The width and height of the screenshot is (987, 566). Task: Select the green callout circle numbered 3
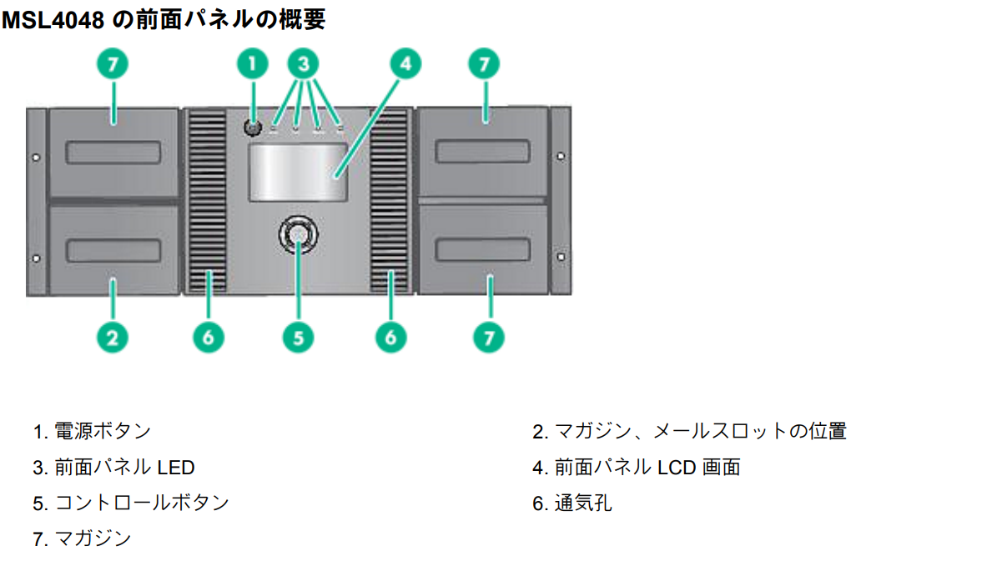pyautogui.click(x=304, y=64)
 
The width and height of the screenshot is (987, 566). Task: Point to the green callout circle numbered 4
pyautogui.click(x=404, y=64)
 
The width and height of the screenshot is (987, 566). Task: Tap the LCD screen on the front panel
pyautogui.click(x=297, y=173)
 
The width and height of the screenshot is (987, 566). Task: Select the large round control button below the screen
pyautogui.click(x=298, y=235)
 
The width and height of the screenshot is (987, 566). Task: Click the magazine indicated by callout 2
pyautogui.click(x=113, y=249)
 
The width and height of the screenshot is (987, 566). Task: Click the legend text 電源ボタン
pyautogui.click(x=103, y=431)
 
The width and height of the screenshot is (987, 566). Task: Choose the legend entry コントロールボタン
pyautogui.click(x=141, y=503)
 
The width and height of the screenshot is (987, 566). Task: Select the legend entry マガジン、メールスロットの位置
pyautogui.click(x=700, y=431)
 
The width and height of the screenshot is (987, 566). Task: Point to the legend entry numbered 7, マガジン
pyautogui.click(x=93, y=538)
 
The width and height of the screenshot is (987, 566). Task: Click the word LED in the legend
pyautogui.click(x=176, y=467)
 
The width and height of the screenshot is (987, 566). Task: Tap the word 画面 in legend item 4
pyautogui.click(x=722, y=467)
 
